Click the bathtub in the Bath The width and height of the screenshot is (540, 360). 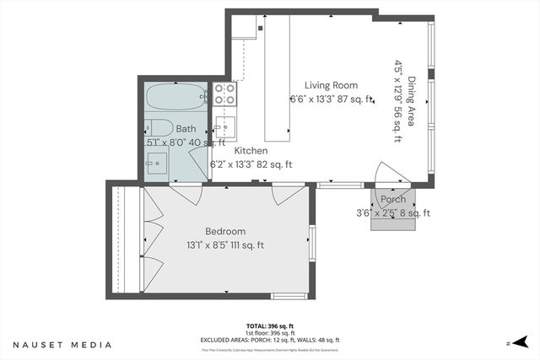176,98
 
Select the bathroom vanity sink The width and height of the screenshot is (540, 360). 158,164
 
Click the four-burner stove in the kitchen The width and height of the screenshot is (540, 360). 224,94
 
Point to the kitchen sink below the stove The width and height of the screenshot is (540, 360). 224,128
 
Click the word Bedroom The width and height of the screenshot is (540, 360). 225,231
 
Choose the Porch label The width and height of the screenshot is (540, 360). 393,200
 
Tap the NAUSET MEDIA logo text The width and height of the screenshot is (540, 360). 62,344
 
